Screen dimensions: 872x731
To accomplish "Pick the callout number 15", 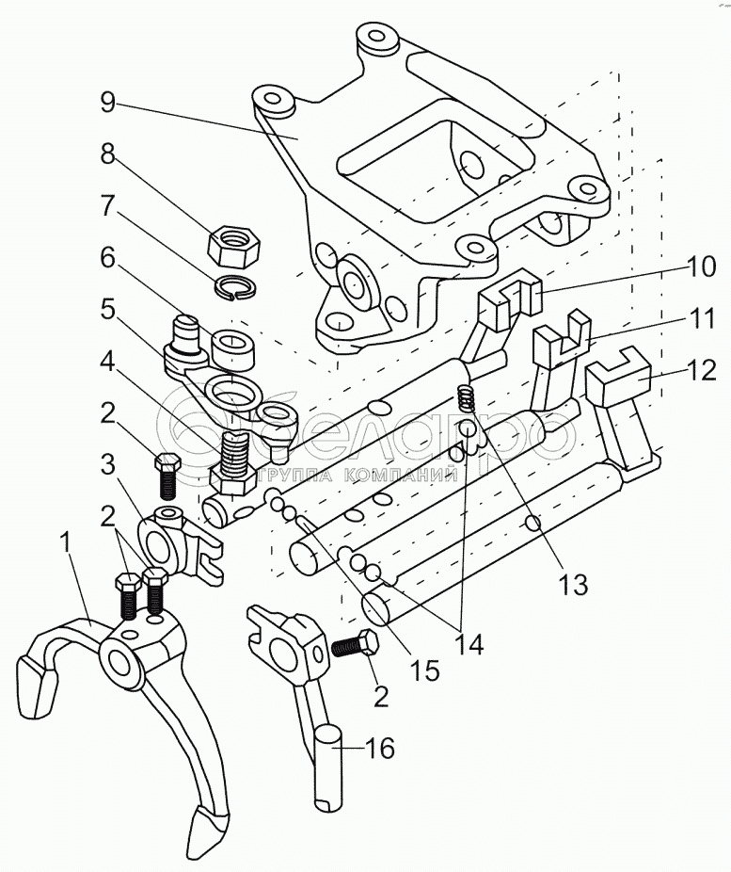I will pos(426,670).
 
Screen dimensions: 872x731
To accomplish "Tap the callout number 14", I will pos(469,644).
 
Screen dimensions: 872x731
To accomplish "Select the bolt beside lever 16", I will pos(357,647).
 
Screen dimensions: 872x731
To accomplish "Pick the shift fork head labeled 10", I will pos(512,295).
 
